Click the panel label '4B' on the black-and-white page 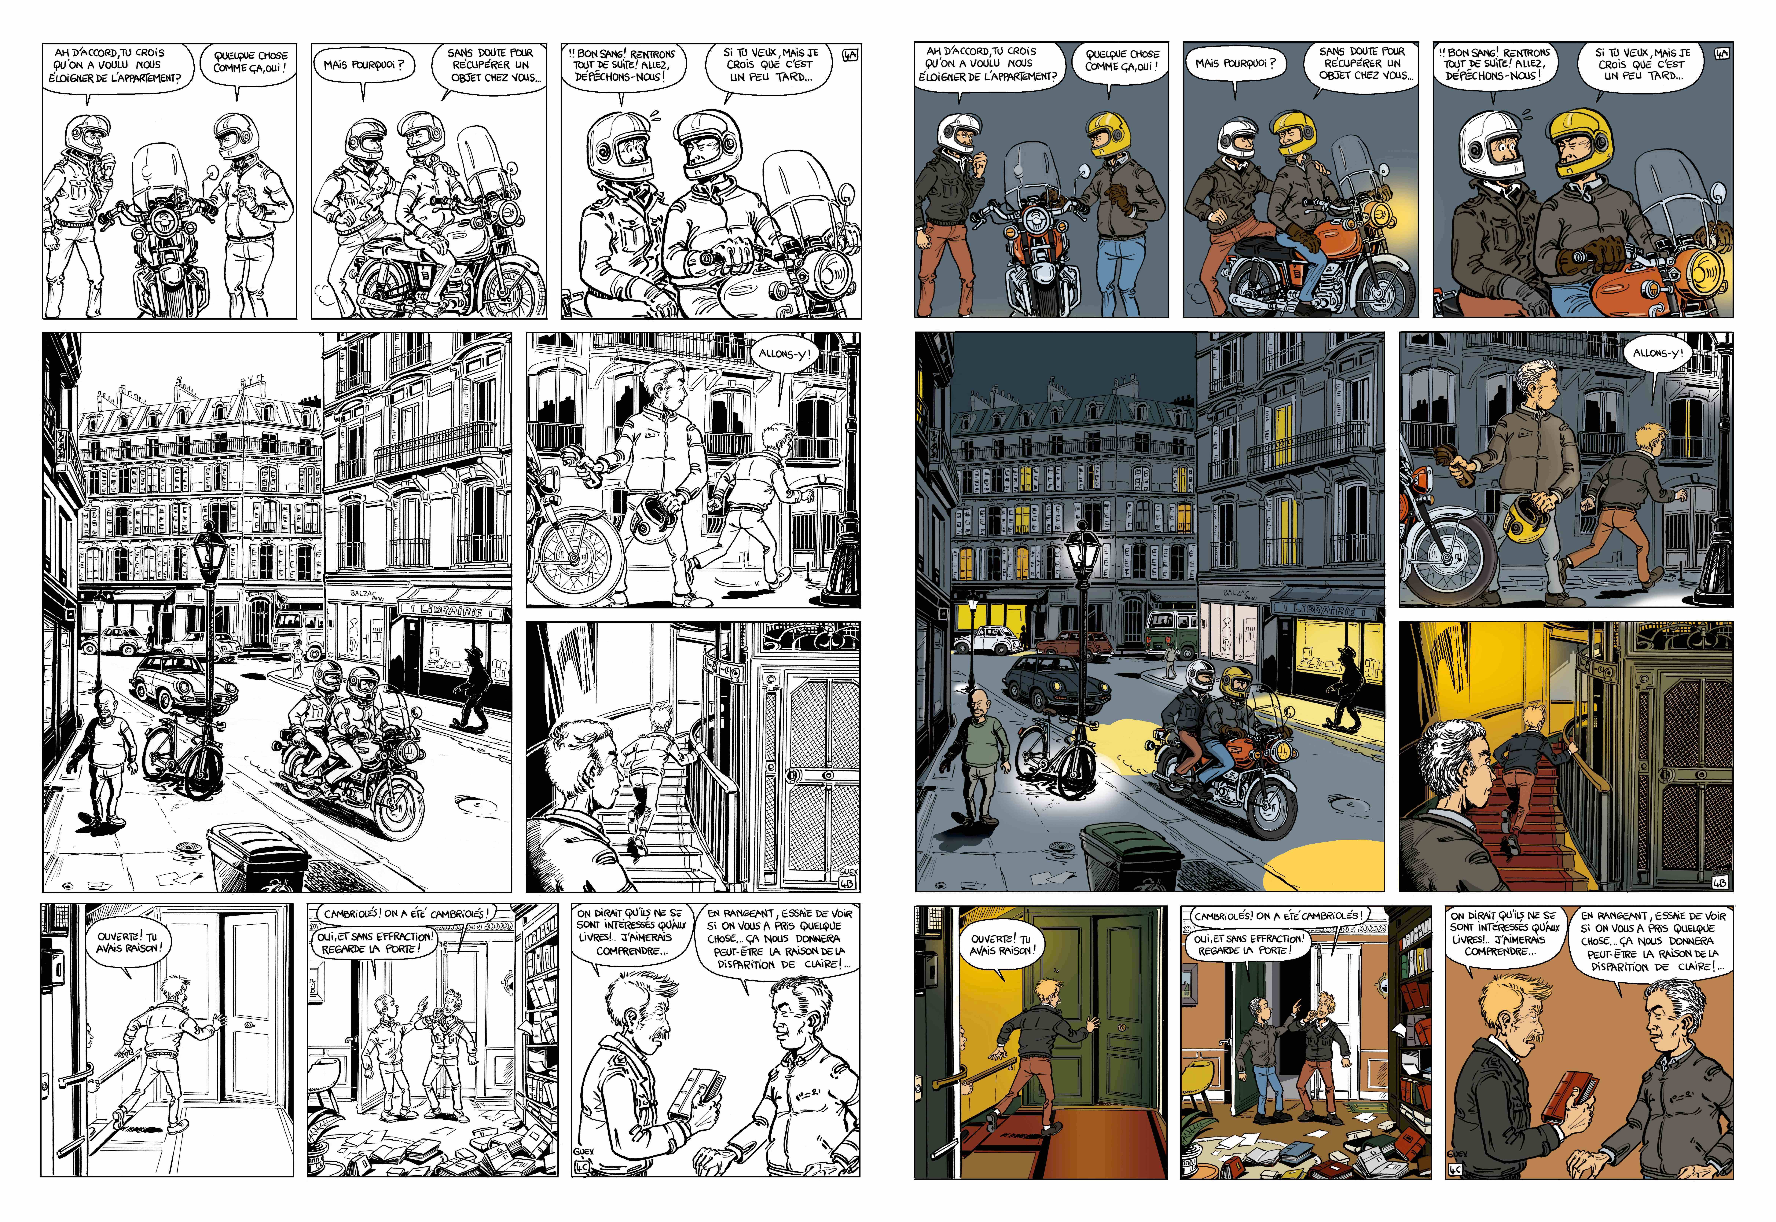[x=848, y=882]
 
